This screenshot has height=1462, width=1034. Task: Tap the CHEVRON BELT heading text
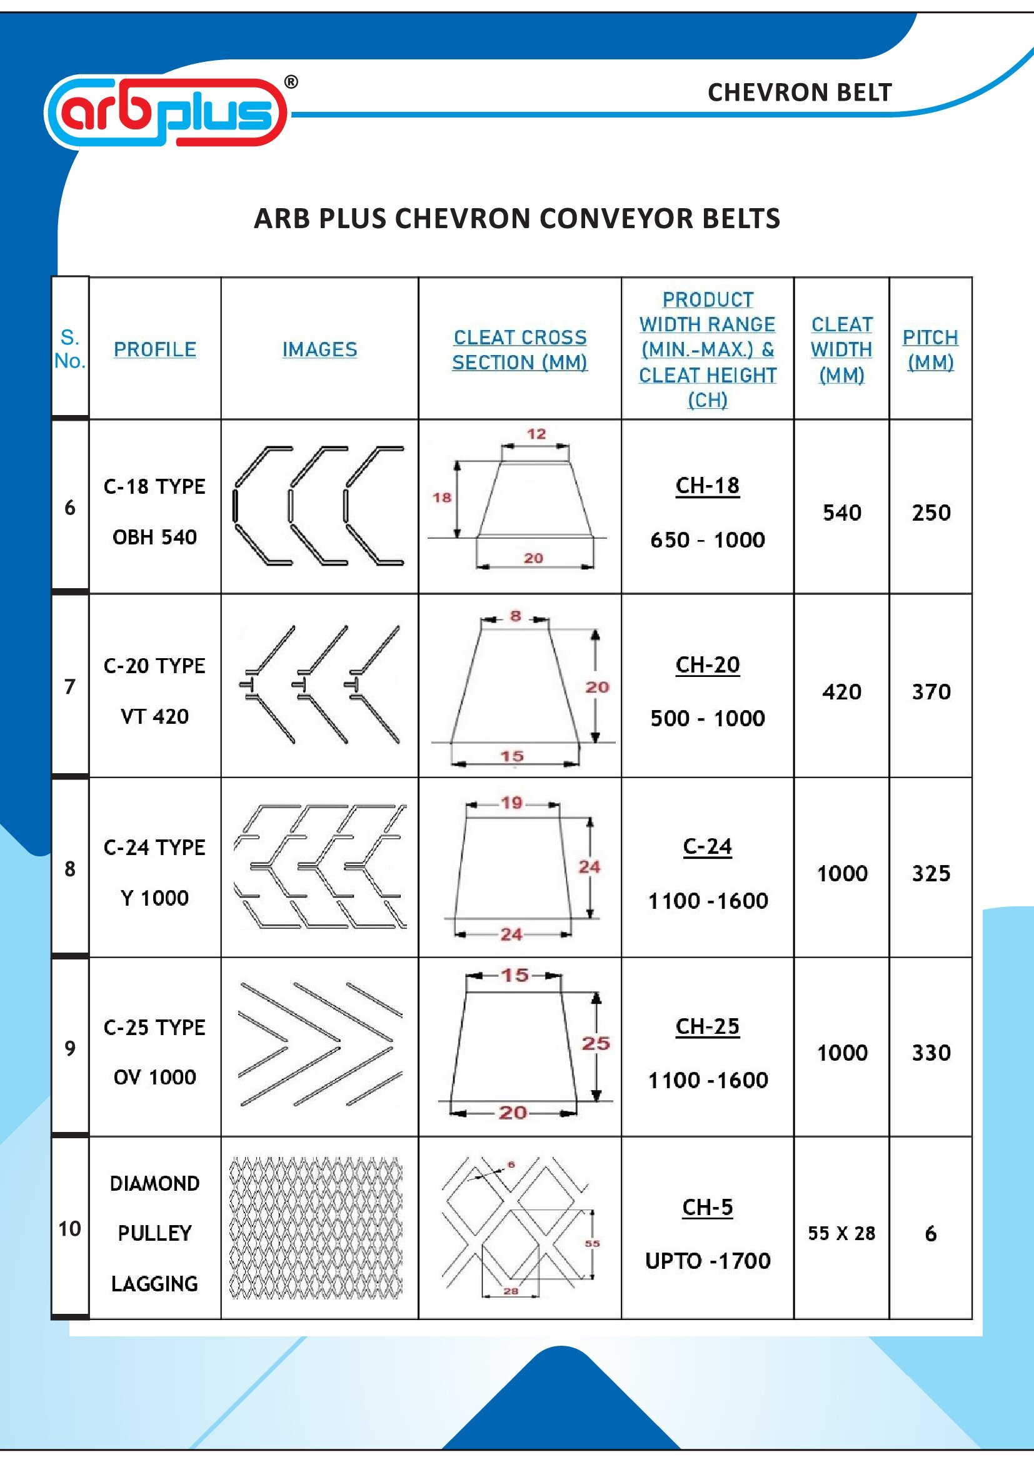[799, 93]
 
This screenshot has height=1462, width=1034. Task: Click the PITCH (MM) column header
[930, 349]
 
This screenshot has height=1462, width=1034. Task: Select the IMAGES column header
[319, 349]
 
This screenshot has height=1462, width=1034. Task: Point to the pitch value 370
[930, 691]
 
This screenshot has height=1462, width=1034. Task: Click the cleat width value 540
[841, 513]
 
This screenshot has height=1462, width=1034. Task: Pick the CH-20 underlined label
[708, 665]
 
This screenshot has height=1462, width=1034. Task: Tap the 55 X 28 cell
[841, 1233]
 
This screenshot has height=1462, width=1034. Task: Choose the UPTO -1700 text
[708, 1261]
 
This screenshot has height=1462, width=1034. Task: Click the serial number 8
[70, 869]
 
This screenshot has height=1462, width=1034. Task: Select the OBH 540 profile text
[154, 537]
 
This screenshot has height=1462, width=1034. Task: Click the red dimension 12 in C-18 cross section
[536, 434]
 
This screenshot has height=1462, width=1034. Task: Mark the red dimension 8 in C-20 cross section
[515, 616]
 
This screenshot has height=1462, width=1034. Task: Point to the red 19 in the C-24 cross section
[512, 803]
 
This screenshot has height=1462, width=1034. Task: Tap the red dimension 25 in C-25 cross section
[595, 1043]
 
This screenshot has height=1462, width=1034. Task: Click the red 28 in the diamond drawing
[511, 1291]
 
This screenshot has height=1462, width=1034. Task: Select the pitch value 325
[930, 873]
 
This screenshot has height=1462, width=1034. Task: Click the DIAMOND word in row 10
[154, 1183]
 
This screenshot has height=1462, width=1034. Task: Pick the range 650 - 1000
[708, 540]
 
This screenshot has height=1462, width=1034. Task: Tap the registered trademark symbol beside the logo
[290, 81]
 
